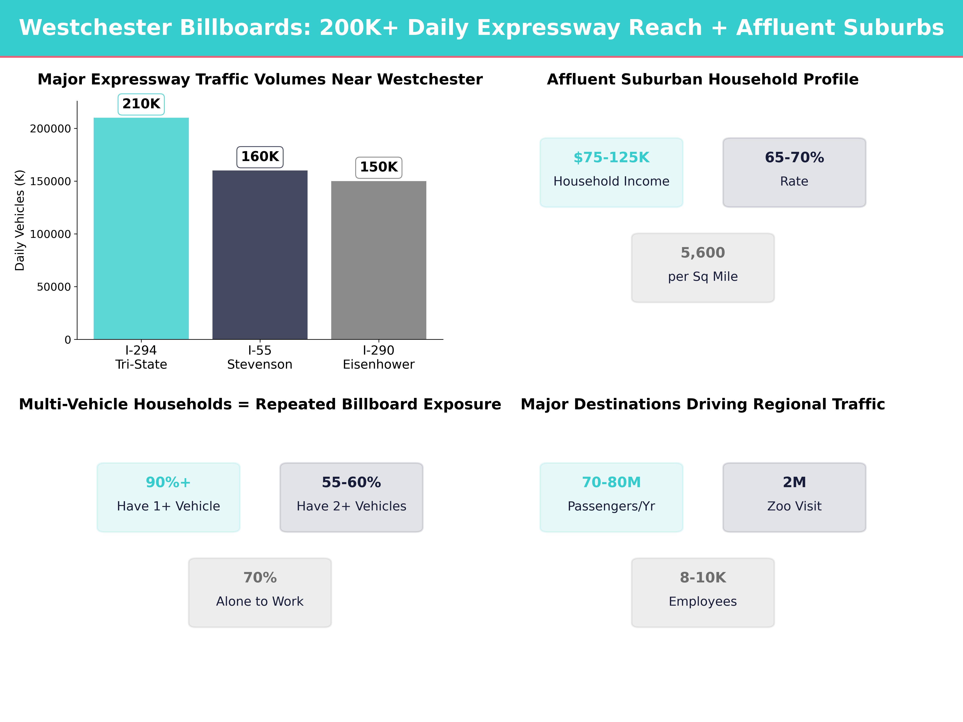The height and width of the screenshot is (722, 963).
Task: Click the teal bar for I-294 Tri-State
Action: [141, 228]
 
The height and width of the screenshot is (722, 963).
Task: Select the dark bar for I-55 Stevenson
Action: [260, 255]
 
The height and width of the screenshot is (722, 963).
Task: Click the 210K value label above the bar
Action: [141, 104]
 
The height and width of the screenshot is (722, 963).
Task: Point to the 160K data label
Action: [260, 157]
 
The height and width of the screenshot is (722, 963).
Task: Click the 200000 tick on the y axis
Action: [50, 129]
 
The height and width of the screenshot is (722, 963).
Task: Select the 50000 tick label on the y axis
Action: [54, 287]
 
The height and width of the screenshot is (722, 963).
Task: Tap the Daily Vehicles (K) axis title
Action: [20, 220]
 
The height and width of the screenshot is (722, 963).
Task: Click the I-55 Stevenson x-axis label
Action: [260, 357]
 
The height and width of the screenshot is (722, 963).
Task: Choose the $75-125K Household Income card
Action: [611, 172]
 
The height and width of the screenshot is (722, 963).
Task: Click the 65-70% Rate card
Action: [794, 172]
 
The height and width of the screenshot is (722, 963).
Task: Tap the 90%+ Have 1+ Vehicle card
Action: [169, 497]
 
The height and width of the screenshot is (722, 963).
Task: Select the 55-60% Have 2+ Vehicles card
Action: [351, 497]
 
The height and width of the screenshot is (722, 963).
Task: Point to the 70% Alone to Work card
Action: [260, 592]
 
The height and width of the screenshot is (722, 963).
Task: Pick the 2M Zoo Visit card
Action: [794, 497]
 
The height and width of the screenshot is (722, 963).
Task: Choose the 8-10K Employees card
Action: [703, 592]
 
